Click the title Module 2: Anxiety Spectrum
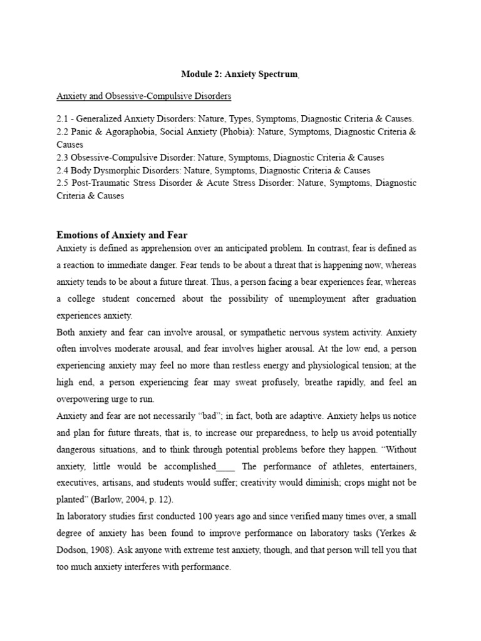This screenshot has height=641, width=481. [239, 74]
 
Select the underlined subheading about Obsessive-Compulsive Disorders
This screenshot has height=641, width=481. [144, 96]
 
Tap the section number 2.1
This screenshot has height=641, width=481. [63, 119]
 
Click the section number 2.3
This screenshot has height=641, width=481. [63, 158]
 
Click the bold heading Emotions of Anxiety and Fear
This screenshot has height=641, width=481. [122, 235]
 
